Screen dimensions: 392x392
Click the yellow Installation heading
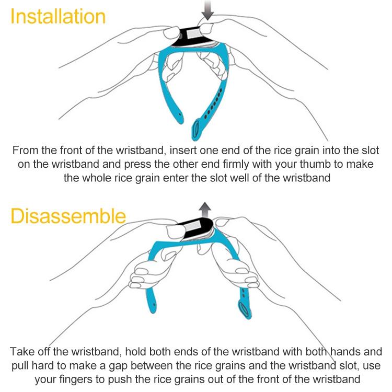point(57,17)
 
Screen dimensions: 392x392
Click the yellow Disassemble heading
point(68,216)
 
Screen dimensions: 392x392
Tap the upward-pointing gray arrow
point(205,210)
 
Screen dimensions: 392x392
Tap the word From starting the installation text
point(26,151)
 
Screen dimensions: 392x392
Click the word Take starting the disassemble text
point(22,352)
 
